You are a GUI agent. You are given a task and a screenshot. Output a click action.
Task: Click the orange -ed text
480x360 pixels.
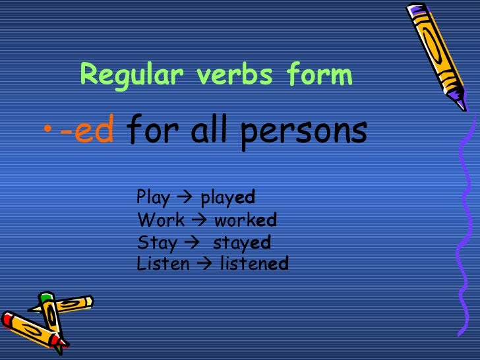pyautogui.click(x=87, y=131)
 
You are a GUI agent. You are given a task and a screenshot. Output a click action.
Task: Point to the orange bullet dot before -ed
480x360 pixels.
pyautogui.click(x=51, y=132)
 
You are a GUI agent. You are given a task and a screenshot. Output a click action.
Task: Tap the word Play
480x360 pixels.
pyautogui.click(x=153, y=198)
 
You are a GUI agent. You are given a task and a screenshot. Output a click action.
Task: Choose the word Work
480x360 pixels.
pyautogui.click(x=161, y=220)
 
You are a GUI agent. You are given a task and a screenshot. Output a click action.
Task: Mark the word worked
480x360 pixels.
pyautogui.click(x=245, y=220)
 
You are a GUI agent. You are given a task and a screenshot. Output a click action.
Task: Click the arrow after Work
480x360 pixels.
pyautogui.click(x=200, y=220)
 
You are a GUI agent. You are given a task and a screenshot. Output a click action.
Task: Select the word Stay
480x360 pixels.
pyautogui.click(x=156, y=243)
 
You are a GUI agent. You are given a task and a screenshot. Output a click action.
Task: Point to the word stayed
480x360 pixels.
pyautogui.click(x=241, y=243)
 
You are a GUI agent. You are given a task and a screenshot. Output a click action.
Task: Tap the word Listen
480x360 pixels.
pyautogui.click(x=162, y=264)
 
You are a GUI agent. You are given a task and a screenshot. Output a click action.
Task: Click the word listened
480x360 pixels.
pyautogui.click(x=254, y=264)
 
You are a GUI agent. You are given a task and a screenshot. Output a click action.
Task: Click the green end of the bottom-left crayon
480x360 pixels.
pyautogui.click(x=45, y=298)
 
